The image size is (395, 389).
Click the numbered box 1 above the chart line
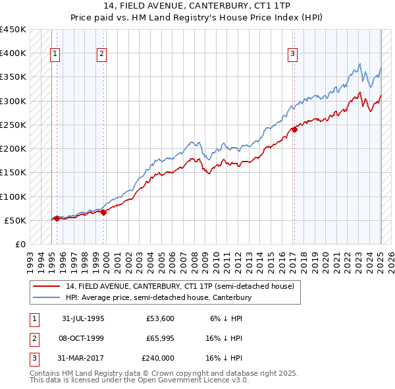click(x=54, y=55)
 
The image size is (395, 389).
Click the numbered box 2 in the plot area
click(x=102, y=55)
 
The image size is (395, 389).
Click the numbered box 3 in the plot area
click(x=292, y=55)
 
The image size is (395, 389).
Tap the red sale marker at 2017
click(x=294, y=129)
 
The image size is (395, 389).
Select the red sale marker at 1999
click(x=104, y=212)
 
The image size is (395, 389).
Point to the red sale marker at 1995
click(x=57, y=218)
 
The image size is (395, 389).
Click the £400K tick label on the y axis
click(x=13, y=53)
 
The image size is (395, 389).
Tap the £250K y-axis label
click(x=13, y=125)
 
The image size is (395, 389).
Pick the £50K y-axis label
click(x=16, y=220)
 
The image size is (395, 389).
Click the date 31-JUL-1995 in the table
click(x=83, y=318)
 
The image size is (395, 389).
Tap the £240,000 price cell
click(x=158, y=358)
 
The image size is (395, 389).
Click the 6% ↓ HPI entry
click(x=226, y=318)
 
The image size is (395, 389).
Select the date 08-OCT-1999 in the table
click(x=83, y=338)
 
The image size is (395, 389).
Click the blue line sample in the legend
click(x=47, y=297)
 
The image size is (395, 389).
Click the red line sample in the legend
click(x=47, y=286)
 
